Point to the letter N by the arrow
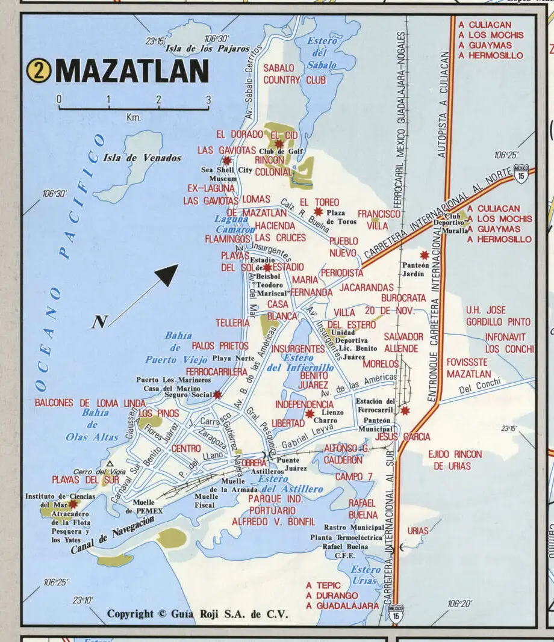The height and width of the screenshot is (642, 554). pos(99,323)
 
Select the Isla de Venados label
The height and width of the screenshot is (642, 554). pos(142,158)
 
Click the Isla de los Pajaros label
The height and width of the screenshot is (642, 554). pos(207,48)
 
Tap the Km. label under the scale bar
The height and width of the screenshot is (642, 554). pos(133,117)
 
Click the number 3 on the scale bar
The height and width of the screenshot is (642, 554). pos(208,99)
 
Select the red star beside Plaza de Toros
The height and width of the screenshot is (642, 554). pos(319,211)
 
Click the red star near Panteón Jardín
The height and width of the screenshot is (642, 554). pos(425,255)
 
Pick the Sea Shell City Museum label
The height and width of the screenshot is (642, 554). pos(226,174)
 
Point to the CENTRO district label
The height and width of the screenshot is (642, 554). pos(186,449)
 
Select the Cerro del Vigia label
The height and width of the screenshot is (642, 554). pos(90,472)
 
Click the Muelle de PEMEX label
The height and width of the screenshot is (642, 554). pos(143,506)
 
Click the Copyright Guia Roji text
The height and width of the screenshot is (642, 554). pos(198,614)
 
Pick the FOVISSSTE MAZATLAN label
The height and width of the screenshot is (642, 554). pos(468,368)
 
